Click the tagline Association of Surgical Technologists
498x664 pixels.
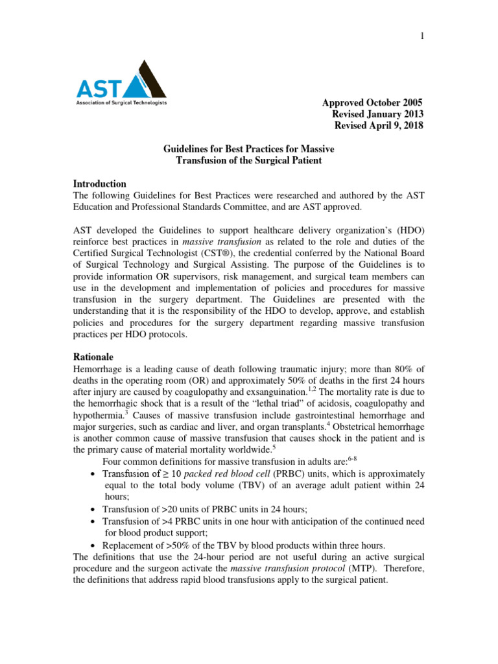[x=122, y=103]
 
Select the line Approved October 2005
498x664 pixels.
[x=372, y=103]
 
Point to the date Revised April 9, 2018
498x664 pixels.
[x=378, y=126]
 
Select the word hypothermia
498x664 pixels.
[x=99, y=416]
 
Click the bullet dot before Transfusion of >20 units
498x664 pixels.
[x=95, y=509]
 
